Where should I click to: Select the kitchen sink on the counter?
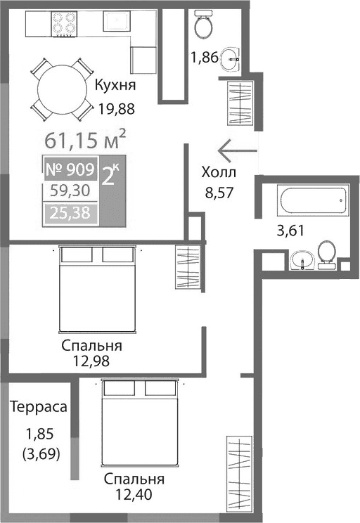pos(117,22)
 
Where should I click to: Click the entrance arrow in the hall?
pos(237,149)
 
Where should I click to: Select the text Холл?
pos(219,173)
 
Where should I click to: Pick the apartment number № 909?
pos(69,169)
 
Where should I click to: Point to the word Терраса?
pos(38,407)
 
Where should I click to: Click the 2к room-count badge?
pos(111,176)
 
